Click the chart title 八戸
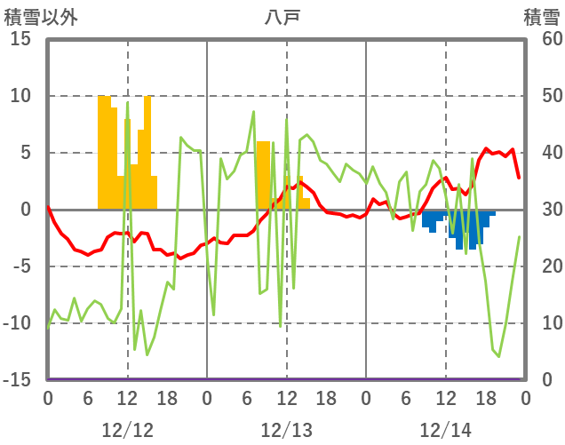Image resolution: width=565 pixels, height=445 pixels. pyautogui.click(x=282, y=16)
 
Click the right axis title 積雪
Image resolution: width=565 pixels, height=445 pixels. pyautogui.click(x=541, y=16)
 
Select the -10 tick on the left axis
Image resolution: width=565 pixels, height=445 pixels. pyautogui.click(x=18, y=323)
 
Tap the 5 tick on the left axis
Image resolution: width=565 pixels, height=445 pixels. pyautogui.click(x=26, y=153)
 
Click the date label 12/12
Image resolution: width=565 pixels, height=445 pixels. pyautogui.click(x=127, y=430)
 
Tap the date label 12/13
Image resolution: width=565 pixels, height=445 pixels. pyautogui.click(x=287, y=430)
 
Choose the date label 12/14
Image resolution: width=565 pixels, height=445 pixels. pyautogui.click(x=446, y=430)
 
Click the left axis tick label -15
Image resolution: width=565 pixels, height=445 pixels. pyautogui.click(x=18, y=380)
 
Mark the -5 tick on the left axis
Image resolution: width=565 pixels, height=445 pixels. pyautogui.click(x=21, y=266)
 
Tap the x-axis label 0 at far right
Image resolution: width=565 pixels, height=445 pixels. pyautogui.click(x=525, y=399)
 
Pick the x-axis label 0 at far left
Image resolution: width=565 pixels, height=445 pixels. pyautogui.click(x=48, y=399)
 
